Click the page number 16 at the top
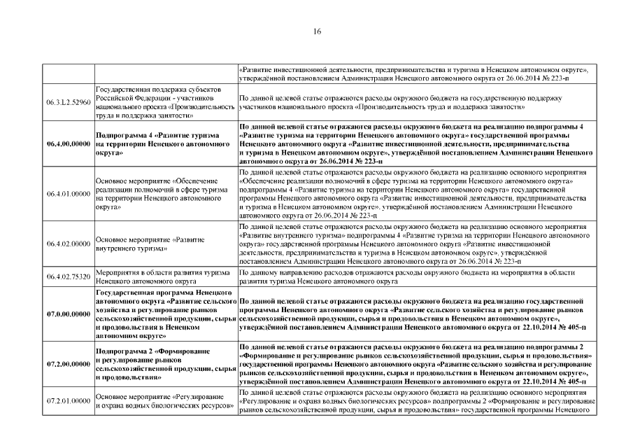[x=317, y=32]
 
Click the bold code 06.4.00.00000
[x=69, y=143]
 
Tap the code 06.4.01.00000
[x=69, y=193]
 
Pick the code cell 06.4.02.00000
[x=69, y=243]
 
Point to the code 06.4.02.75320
[x=69, y=277]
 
